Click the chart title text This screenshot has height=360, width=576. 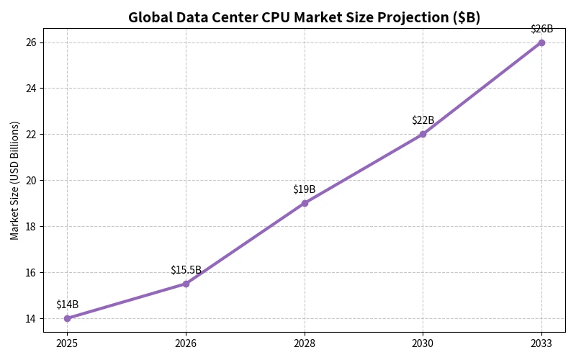tap(304, 17)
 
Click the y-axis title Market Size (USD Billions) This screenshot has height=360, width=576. tap(15, 180)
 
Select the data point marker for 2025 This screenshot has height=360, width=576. tap(67, 318)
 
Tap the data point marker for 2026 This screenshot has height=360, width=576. tap(186, 284)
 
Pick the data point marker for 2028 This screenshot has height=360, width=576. tap(305, 203)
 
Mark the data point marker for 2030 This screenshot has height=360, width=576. tap(423, 134)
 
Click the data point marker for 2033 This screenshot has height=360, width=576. tap(541, 42)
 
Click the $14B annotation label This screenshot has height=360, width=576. tap(67, 305)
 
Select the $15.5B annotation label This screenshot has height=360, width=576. tap(186, 270)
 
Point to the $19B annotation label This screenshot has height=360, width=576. tap(305, 189)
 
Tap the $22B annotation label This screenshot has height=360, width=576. tap(423, 120)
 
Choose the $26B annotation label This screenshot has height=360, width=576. tap(541, 29)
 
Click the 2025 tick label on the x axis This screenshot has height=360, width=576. tap(67, 343)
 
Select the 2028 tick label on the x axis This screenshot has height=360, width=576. tap(305, 343)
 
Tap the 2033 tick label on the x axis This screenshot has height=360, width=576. tap(541, 343)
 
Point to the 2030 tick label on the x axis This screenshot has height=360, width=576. tap(423, 343)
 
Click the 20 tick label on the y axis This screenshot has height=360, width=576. tap(30, 180)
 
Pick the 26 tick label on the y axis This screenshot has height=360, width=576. tap(30, 42)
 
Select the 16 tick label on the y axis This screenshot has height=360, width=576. tap(30, 272)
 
